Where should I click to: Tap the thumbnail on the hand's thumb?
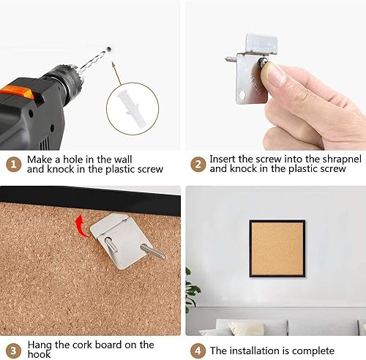click(x=276, y=74)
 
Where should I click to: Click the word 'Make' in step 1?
click(x=40, y=158)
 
